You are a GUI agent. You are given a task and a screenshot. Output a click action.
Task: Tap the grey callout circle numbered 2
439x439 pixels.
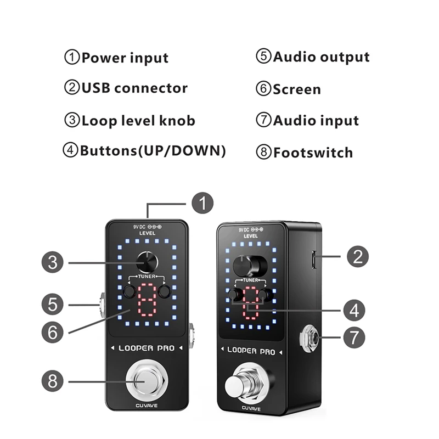click(x=357, y=256)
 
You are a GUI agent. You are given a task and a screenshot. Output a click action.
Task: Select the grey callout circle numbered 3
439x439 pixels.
click(x=53, y=262)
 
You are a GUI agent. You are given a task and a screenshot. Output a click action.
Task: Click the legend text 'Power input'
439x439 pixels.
click(x=125, y=58)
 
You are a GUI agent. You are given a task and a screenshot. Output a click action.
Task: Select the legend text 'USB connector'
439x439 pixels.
click(x=134, y=88)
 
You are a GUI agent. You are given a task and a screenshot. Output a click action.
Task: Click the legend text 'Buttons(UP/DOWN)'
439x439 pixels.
click(x=153, y=151)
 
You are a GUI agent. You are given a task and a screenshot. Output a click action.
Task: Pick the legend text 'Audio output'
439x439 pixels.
click(x=322, y=57)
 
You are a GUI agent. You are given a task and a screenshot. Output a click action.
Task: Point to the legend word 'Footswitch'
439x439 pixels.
click(x=313, y=152)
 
